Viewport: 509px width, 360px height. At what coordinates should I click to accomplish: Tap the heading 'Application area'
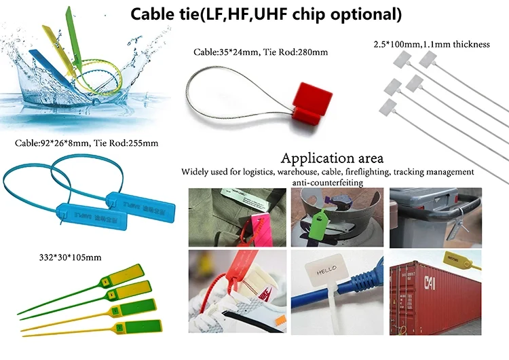[332, 159]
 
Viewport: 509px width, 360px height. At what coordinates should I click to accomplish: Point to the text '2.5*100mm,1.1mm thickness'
[432, 45]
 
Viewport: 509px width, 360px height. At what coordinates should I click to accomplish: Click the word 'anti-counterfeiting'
[326, 183]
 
